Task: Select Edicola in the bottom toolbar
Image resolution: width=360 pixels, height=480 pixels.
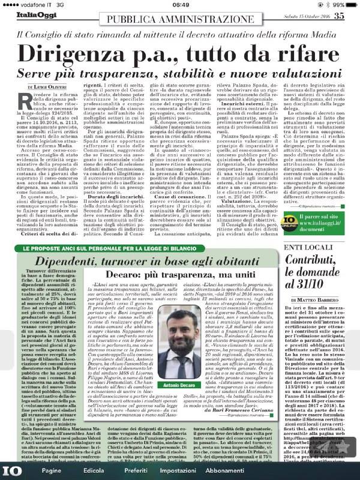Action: pyautogui.click(x=98, y=471)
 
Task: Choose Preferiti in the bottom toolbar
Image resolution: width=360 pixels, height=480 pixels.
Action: pyautogui.click(x=148, y=471)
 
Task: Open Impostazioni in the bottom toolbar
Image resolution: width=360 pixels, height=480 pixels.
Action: pyautogui.click(x=208, y=471)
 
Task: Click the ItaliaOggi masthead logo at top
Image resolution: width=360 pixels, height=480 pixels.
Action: pyautogui.click(x=31, y=16)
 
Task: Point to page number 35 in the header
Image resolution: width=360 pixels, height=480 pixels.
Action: pyautogui.click(x=339, y=16)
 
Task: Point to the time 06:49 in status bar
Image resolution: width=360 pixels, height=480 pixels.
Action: pyautogui.click(x=180, y=4)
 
